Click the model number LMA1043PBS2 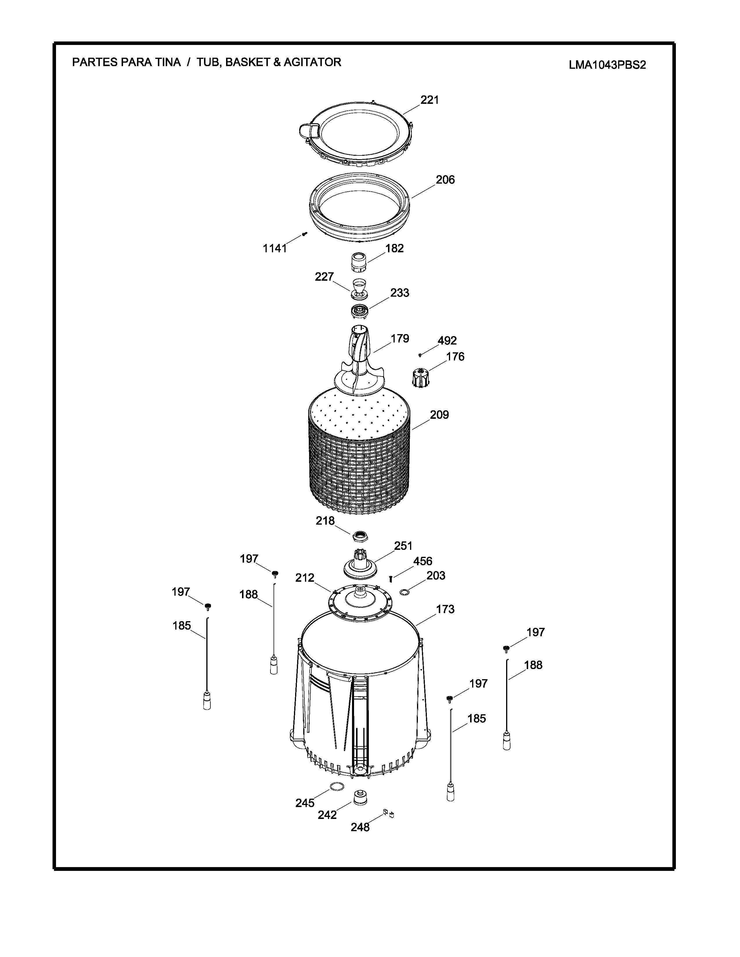pyautogui.click(x=607, y=65)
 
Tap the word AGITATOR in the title pyautogui.click(x=312, y=62)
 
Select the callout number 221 pyautogui.click(x=429, y=100)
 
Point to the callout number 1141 pyautogui.click(x=275, y=249)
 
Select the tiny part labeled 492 pyautogui.click(x=420, y=355)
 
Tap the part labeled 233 pyautogui.click(x=360, y=311)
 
